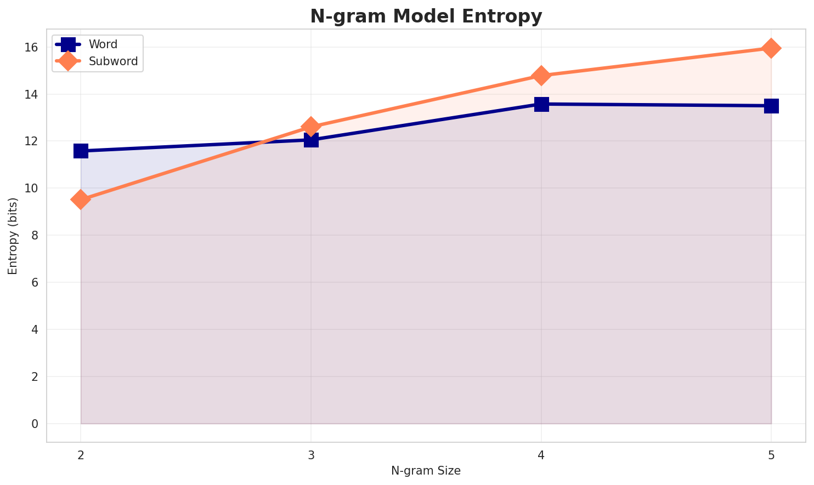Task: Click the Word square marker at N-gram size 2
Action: tap(81, 151)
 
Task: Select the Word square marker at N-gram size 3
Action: tap(311, 140)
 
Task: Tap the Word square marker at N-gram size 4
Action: tap(541, 104)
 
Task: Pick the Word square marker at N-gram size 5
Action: tap(771, 106)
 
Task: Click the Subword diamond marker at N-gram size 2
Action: tap(81, 199)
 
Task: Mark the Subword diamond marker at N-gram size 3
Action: tap(311, 127)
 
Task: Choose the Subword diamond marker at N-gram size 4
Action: tap(541, 76)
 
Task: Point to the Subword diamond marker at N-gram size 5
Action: tap(771, 48)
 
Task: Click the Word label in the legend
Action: tap(103, 44)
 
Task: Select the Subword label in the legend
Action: tap(113, 61)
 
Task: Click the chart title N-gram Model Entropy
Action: tap(426, 16)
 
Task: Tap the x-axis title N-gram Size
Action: tap(426, 470)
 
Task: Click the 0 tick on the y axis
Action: tap(35, 424)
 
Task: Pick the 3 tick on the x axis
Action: tap(311, 455)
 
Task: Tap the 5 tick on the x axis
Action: tap(771, 455)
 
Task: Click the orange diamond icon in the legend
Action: tap(67, 61)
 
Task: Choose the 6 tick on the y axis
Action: tap(35, 283)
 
